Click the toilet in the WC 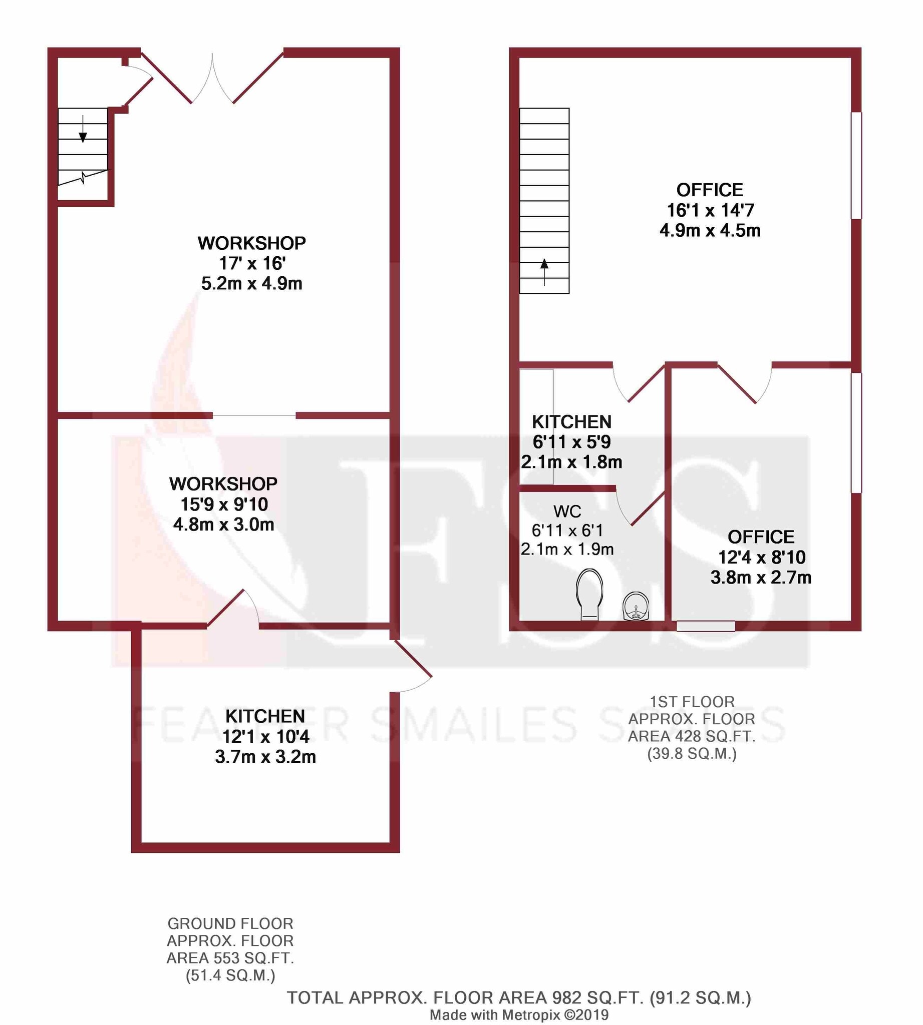589,594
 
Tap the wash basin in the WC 636,606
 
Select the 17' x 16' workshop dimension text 251,263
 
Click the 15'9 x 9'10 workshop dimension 224,504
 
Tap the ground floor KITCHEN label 265,716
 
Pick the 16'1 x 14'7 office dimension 710,210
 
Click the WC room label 567,511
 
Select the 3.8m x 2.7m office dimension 761,578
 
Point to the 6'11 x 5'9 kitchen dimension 571,442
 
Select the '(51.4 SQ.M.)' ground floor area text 230,975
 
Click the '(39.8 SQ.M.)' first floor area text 692,754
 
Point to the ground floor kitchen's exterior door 412,664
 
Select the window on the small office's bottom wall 706,626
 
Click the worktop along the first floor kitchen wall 536,426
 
